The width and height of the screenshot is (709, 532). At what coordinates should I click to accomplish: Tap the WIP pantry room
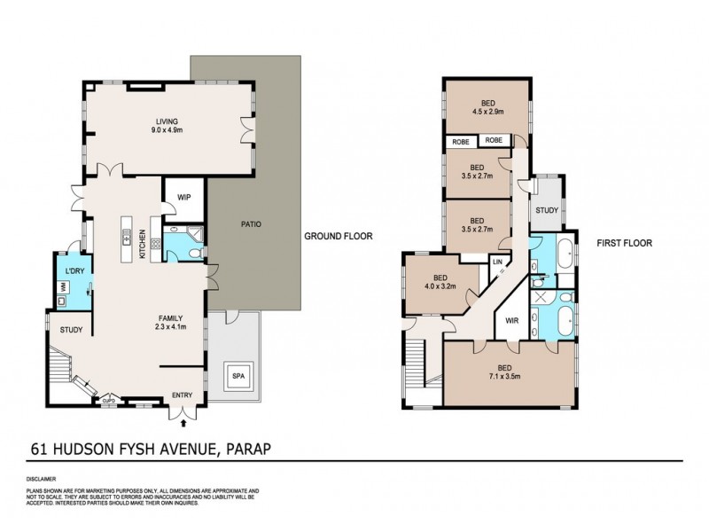click(x=184, y=198)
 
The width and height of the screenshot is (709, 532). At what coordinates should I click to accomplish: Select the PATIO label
click(x=251, y=225)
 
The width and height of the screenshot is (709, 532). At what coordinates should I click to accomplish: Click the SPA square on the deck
click(x=237, y=377)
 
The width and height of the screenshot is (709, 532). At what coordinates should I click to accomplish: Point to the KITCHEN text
click(x=142, y=243)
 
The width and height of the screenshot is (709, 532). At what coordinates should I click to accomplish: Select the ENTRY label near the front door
click(x=183, y=395)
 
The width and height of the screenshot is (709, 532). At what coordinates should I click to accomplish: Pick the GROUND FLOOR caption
click(x=338, y=237)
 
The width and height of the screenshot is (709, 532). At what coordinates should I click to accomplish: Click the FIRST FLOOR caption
click(x=619, y=239)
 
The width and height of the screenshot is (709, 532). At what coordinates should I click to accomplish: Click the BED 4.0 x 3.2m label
click(x=440, y=282)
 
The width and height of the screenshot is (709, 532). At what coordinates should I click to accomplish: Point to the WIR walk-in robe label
click(x=511, y=321)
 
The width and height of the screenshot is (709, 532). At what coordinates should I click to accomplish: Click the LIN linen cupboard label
click(x=497, y=262)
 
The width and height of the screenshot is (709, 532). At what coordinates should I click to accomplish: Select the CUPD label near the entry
click(x=110, y=399)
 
